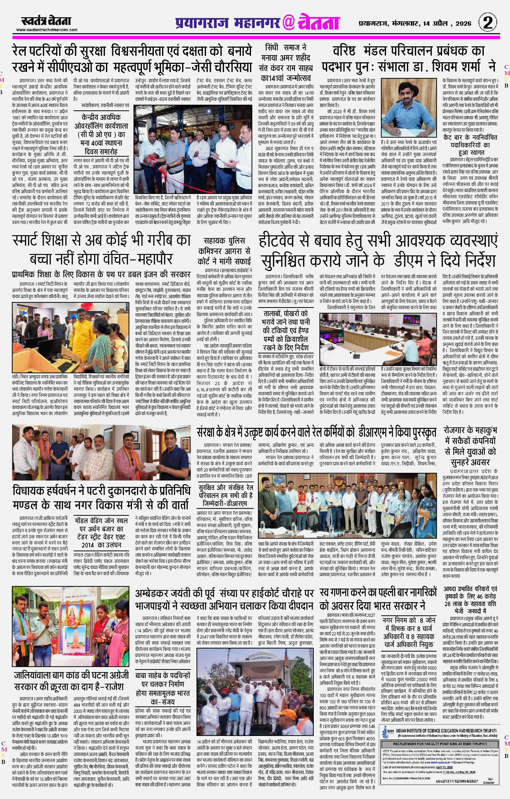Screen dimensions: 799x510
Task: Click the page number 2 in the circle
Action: coord(488,23)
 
